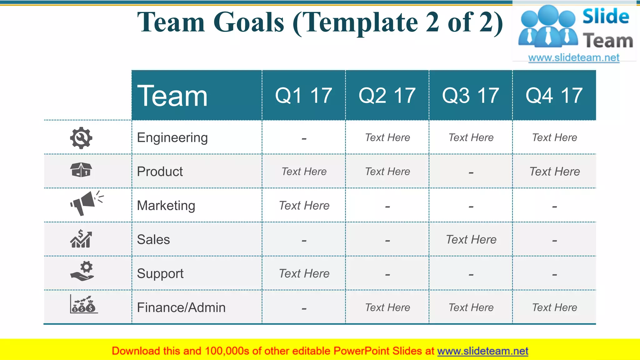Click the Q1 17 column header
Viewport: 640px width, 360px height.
(303, 95)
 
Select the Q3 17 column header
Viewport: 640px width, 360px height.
(470, 95)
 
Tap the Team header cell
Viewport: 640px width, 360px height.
(172, 96)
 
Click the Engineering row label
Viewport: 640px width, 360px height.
(172, 137)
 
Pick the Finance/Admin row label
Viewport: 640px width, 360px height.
(181, 307)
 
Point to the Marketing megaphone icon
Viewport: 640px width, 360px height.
(85, 203)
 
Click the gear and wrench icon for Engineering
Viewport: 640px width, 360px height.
(81, 138)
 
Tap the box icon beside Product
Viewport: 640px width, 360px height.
(81, 170)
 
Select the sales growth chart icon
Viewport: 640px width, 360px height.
(81, 239)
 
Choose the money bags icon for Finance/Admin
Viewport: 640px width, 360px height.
(83, 305)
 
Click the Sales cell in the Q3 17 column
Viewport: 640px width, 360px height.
(471, 239)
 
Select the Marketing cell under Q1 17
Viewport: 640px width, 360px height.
(304, 206)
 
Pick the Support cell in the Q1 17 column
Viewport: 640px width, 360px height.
(304, 273)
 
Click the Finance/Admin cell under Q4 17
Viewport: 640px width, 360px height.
(554, 307)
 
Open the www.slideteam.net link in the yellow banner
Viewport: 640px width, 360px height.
(482, 351)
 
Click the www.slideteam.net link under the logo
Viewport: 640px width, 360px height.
(574, 58)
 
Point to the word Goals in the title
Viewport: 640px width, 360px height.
(249, 22)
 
